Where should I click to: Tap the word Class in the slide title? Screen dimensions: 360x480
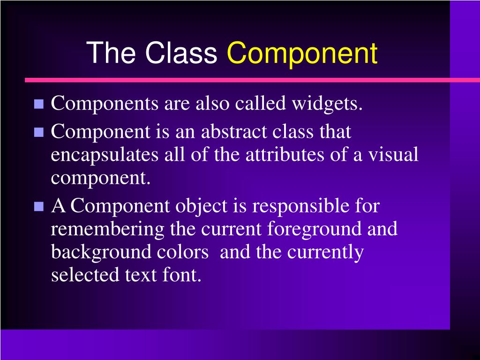[x=181, y=53]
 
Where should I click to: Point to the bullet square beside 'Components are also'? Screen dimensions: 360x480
[x=39, y=104]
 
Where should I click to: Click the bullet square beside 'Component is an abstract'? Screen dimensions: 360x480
[x=39, y=133]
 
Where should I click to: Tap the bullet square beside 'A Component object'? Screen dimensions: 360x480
[x=39, y=206]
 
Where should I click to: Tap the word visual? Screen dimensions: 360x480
[x=393, y=155]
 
